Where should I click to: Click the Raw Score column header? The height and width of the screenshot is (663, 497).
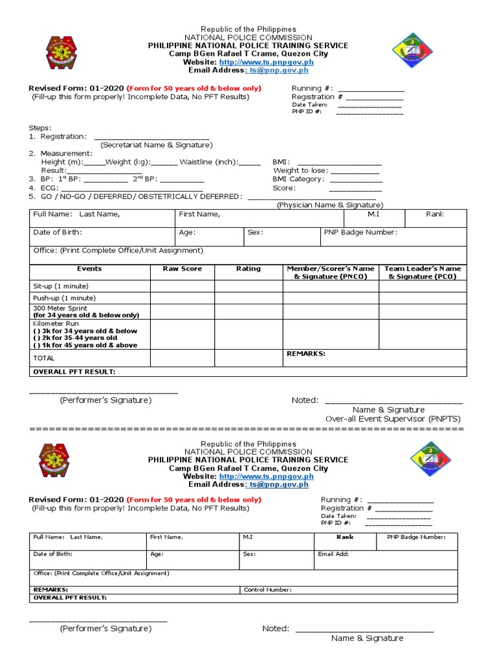pos(182,269)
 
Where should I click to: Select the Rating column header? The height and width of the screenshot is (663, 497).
pos(248,269)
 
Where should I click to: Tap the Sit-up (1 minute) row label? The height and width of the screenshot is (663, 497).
pos(61,286)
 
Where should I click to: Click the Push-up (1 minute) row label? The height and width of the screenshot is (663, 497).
pos(64,298)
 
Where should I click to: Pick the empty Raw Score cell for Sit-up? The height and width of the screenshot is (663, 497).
pos(182,286)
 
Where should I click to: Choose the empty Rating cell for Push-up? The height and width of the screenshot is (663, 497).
pos(248,298)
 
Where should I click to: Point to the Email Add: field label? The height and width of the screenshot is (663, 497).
pos(333,554)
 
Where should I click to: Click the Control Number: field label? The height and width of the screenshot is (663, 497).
pos(268,590)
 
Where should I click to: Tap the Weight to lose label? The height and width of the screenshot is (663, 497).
pos(301,171)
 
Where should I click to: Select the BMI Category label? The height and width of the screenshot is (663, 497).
pos(298,179)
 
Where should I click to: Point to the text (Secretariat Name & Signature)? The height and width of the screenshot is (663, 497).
pos(156,145)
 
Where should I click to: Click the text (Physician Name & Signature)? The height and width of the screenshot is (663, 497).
pos(330,205)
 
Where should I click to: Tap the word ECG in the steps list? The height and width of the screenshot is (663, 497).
pos(48,188)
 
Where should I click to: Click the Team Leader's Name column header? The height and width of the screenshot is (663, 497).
pos(423,273)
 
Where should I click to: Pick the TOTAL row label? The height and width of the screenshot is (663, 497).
pos(44,358)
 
